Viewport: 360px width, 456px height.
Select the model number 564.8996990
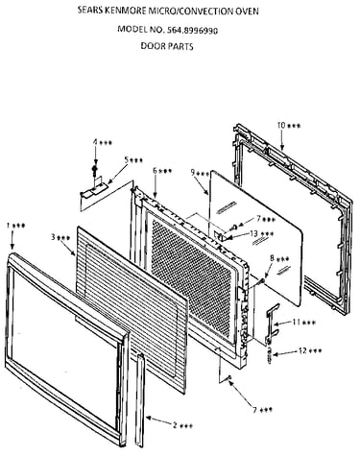tap(192, 31)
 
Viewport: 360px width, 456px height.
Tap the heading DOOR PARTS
tap(167, 46)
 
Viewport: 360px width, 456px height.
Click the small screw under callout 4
tap(95, 170)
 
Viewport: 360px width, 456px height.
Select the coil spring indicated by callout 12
tap(269, 354)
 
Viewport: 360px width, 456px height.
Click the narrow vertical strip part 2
tap(139, 400)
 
